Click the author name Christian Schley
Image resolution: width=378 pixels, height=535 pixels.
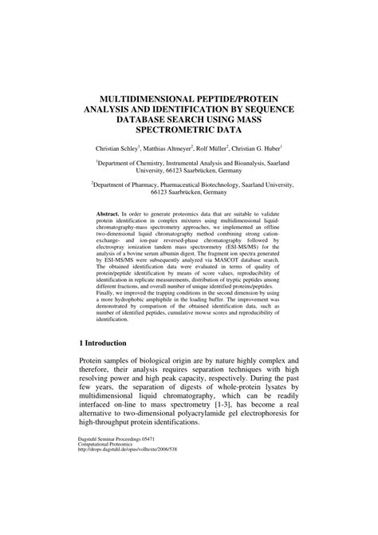[117, 148]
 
